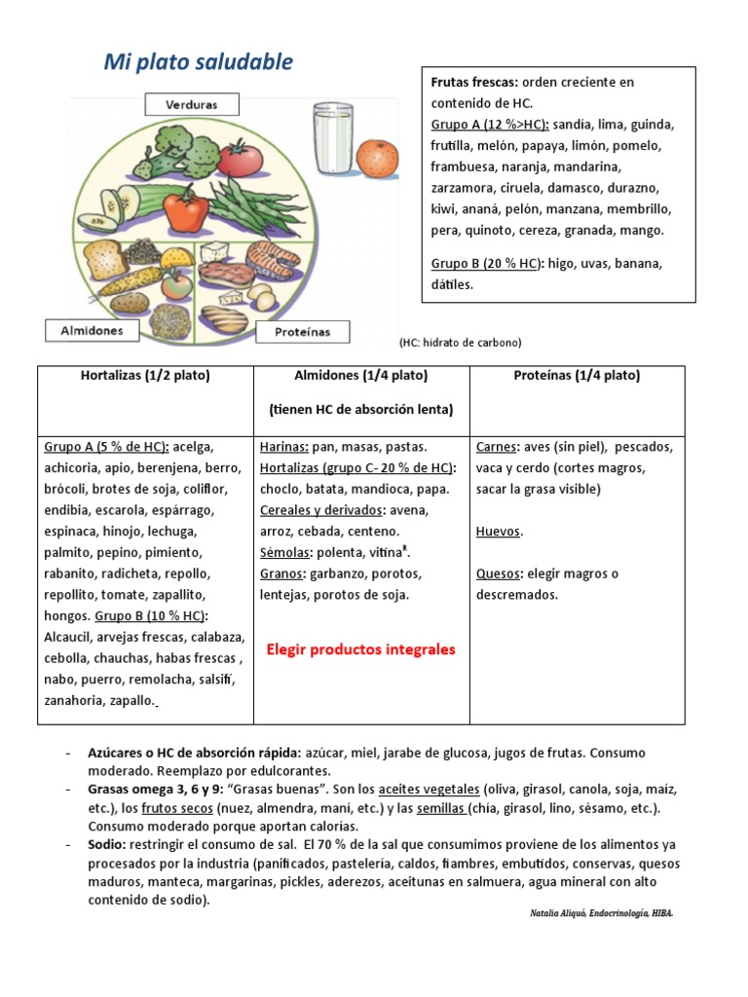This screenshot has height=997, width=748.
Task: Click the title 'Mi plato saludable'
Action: [198, 62]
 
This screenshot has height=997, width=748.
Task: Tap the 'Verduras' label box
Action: [191, 103]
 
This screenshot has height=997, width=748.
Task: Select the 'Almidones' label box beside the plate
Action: [93, 331]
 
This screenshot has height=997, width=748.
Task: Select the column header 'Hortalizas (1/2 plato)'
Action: [145, 376]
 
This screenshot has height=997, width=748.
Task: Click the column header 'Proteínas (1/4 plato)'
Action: [577, 376]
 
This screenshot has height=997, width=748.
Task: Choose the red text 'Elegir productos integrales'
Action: [361, 649]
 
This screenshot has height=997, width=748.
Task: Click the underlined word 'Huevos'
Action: [499, 532]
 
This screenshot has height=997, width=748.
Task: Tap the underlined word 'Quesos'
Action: [499, 573]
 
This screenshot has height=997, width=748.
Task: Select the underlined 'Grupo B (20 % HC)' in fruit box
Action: [484, 264]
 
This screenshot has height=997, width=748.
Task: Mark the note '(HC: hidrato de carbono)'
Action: [461, 343]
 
